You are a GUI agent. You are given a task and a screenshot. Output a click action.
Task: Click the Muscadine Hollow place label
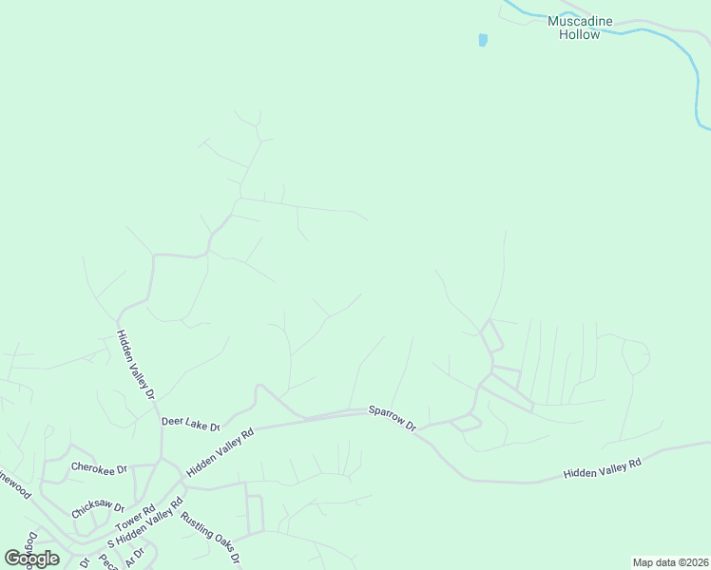(579, 28)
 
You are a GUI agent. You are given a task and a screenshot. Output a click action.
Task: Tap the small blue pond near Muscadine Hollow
(483, 40)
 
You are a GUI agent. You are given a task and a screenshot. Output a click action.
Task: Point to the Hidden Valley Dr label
(135, 364)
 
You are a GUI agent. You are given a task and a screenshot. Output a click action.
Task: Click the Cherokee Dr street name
(99, 467)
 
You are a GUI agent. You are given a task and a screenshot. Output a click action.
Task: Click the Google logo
(31, 559)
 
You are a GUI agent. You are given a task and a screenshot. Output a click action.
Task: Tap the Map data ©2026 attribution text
(670, 562)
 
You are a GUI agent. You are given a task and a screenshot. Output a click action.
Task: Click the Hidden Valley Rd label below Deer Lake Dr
(221, 451)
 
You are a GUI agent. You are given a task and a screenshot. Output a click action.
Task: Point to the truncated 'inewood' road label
(16, 478)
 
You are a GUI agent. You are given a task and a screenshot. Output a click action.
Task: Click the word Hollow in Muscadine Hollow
(579, 35)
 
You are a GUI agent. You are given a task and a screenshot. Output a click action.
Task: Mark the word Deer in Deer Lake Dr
(172, 421)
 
